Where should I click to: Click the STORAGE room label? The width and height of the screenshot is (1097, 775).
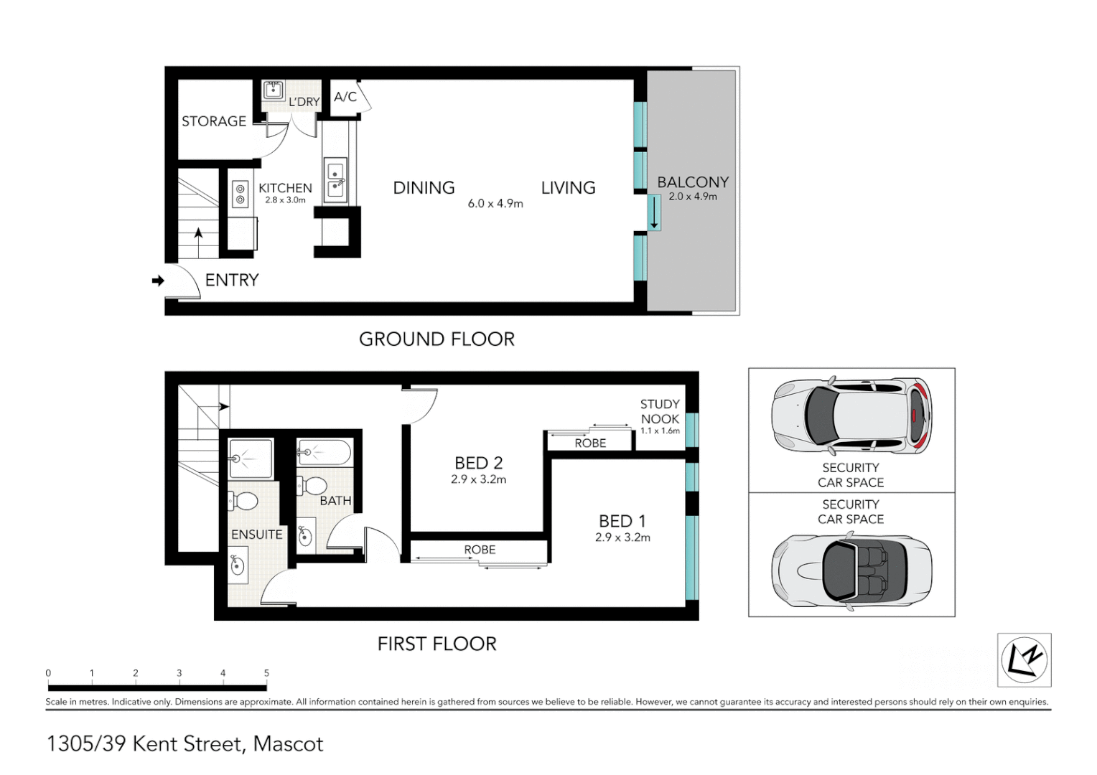[x=213, y=121]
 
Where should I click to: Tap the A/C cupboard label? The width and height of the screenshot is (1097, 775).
[x=345, y=97]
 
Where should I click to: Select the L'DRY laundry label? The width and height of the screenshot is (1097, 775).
[x=304, y=102]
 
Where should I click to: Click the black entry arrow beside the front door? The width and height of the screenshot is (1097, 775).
[x=158, y=281]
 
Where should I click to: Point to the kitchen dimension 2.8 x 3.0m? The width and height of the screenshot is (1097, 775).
[x=285, y=200]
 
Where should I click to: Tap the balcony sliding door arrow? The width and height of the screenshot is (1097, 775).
[x=654, y=213]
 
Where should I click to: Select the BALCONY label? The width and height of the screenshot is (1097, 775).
[x=693, y=182]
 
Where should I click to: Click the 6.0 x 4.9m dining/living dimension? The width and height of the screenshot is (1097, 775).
[x=495, y=204]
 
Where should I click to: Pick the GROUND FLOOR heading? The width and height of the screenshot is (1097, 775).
[x=437, y=339]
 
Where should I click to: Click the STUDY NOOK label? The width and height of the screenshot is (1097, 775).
[x=660, y=412]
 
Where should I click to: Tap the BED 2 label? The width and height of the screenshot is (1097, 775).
[x=478, y=463]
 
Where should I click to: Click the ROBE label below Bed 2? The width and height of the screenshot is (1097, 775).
[x=480, y=550]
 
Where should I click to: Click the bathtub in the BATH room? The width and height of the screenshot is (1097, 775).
[x=325, y=453]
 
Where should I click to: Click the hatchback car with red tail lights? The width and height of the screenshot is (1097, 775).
[x=851, y=416]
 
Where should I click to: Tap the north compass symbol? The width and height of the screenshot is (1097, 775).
[x=1024, y=660]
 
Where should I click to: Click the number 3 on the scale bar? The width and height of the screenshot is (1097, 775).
[x=179, y=673]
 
